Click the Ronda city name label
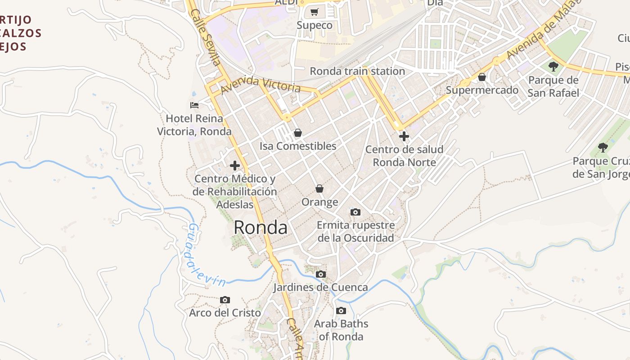[261, 228]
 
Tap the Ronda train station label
[357, 71]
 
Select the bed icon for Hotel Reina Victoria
[194, 105]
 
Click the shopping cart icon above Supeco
[315, 12]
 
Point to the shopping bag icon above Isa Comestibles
[297, 133]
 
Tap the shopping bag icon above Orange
[319, 189]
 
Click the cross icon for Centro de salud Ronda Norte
[404, 136]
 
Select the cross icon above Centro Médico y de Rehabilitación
[234, 166]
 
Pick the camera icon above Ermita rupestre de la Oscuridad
[355, 212]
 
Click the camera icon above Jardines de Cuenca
[320, 274]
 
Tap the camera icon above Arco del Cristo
[225, 300]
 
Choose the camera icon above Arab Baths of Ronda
[341, 310]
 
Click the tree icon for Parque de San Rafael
[553, 67]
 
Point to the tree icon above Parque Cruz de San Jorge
[603, 148]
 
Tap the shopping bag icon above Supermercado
[482, 77]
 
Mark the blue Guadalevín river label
[206, 255]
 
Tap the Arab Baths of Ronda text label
[341, 330]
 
